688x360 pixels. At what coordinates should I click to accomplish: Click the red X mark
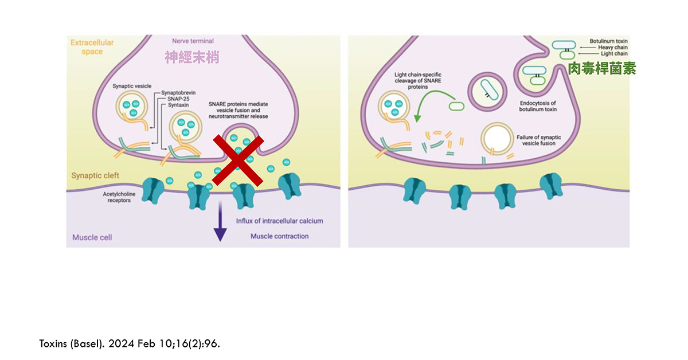coord(238,161)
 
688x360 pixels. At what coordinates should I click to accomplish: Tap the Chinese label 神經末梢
coord(191,57)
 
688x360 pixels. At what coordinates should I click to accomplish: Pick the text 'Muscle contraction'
coord(279,236)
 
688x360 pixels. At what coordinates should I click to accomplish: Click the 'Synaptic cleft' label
coord(95,175)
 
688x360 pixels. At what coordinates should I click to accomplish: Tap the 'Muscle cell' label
coord(92,237)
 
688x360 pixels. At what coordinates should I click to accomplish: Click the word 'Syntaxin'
coord(179,105)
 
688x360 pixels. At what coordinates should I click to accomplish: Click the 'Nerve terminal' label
coord(193,41)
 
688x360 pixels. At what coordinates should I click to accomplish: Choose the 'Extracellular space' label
coord(92,47)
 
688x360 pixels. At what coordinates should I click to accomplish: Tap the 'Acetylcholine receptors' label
coord(120,197)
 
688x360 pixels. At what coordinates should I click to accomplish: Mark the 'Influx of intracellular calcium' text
coord(279,221)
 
